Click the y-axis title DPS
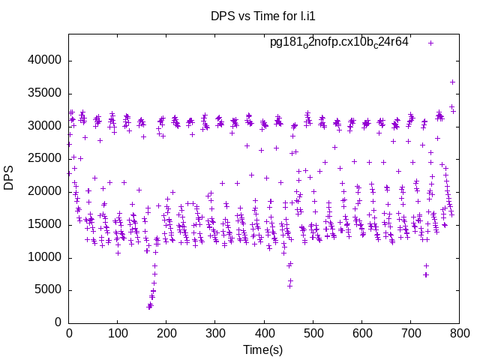click(x=9, y=178)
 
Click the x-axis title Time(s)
click(x=262, y=349)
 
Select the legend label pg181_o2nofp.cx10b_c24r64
click(x=339, y=42)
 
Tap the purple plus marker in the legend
click(x=430, y=43)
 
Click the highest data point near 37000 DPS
click(x=452, y=82)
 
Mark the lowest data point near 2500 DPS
click(x=149, y=307)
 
